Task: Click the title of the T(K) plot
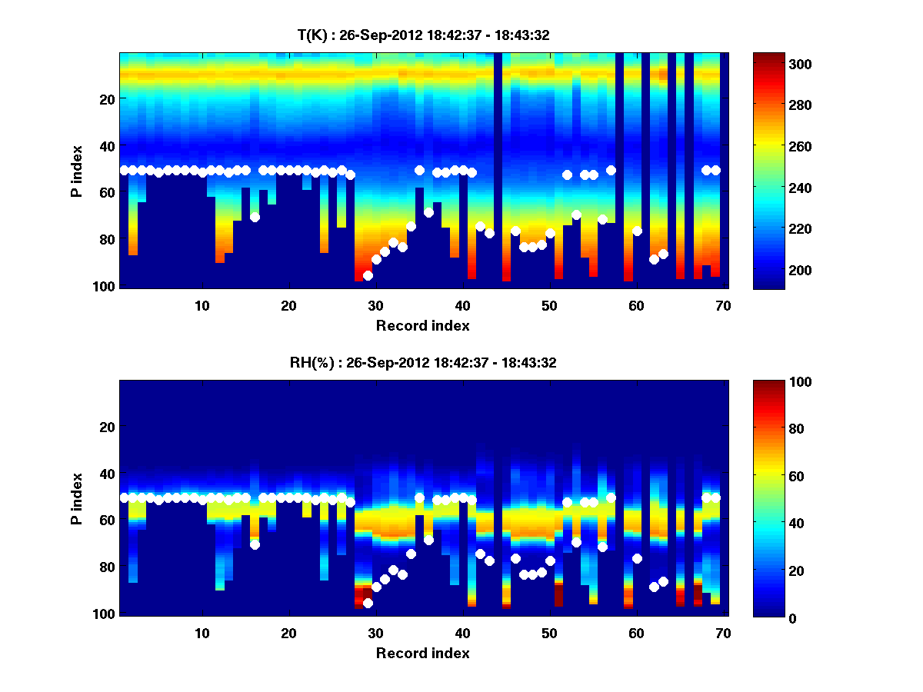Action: (x=422, y=35)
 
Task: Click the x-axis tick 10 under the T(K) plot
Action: (x=202, y=304)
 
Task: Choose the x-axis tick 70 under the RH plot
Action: (x=723, y=633)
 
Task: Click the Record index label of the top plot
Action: (x=422, y=325)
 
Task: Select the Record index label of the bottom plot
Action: (x=422, y=654)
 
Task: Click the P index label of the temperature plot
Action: (x=77, y=171)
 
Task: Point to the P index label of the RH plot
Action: (x=77, y=498)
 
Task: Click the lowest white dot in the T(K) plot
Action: (x=368, y=275)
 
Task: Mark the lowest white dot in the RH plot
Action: (x=368, y=603)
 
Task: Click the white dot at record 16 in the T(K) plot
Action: (x=255, y=217)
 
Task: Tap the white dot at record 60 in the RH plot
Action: (x=637, y=558)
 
